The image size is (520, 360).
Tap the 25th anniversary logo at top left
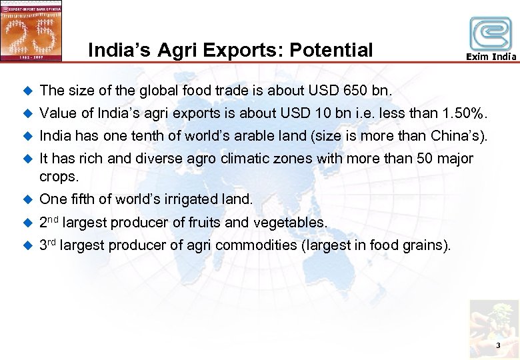click(x=31, y=31)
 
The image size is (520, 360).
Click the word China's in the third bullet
click(x=461, y=136)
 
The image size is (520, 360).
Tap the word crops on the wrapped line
click(x=59, y=177)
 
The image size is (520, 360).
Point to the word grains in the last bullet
click(x=427, y=245)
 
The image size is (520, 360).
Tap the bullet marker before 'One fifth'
click(x=27, y=199)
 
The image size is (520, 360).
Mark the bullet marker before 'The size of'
click(x=27, y=91)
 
